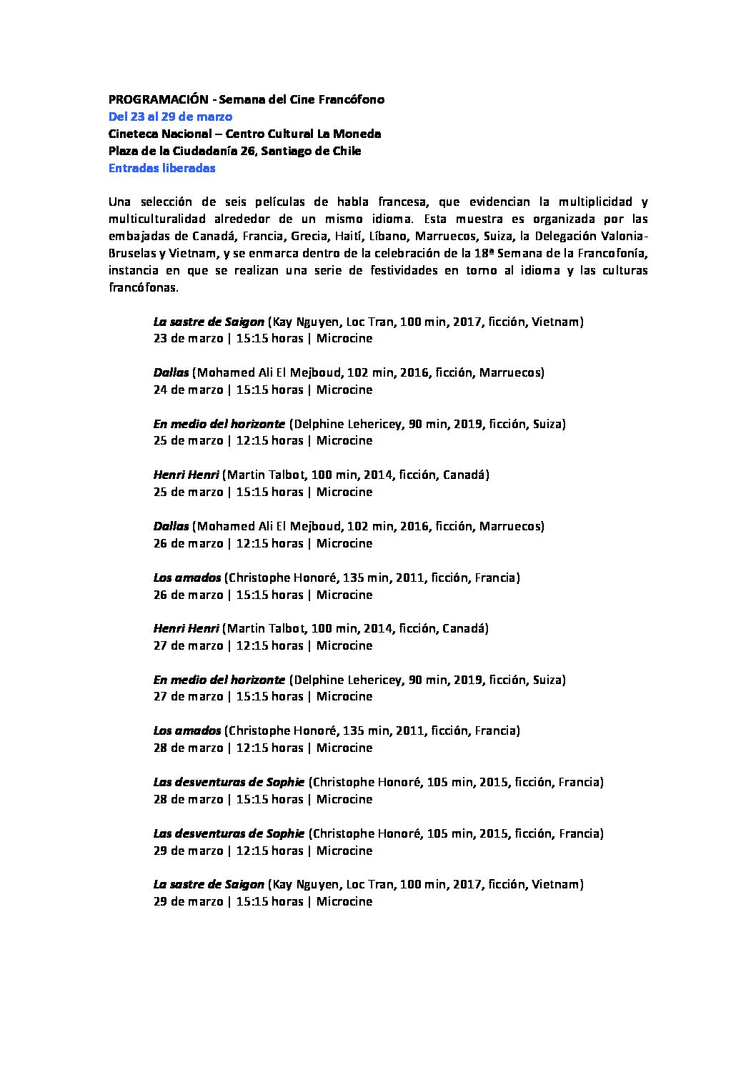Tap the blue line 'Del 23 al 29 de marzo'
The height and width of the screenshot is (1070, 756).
click(x=170, y=117)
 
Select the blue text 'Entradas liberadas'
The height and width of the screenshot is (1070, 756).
click(x=161, y=168)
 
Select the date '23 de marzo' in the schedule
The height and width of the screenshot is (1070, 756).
click(x=188, y=339)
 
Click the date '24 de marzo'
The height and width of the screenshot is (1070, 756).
click(x=188, y=390)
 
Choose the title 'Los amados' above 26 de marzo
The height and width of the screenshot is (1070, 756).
click(x=186, y=578)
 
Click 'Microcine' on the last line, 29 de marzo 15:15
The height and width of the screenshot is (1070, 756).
click(x=344, y=901)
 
